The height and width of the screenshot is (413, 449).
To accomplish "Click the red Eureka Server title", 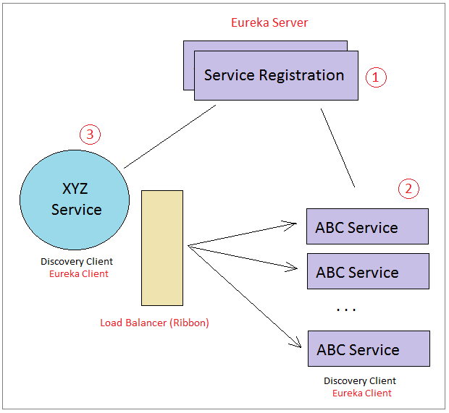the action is coord(269,22).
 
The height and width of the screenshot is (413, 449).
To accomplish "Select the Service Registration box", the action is coord(276,75).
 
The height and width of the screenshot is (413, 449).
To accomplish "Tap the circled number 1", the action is coord(376,77).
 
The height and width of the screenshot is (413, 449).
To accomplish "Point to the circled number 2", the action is coord(408,189).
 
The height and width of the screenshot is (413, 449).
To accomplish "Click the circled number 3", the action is coord(91,135).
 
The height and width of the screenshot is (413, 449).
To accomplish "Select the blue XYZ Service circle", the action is coord(75,200).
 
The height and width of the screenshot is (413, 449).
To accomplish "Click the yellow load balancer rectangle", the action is coord(162,248).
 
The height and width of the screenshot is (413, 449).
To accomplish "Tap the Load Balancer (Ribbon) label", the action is coord(154,323).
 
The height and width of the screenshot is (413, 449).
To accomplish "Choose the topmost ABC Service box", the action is coord(367,226).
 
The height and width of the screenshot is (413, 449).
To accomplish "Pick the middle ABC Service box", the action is coord(368,271).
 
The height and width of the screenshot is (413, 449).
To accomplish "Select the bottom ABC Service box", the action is coord(369,349).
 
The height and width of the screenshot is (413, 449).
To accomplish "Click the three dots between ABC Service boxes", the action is coord(346,310).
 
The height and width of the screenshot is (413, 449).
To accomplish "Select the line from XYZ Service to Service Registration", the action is coord(169,137).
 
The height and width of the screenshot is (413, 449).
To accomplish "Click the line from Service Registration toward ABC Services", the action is coord(338,148).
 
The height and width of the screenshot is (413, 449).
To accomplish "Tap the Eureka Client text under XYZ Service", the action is coord(79,273).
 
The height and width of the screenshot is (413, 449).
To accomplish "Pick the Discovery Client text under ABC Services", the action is coord(360,380).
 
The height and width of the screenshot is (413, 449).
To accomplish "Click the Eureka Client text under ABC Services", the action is coord(362,393).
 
